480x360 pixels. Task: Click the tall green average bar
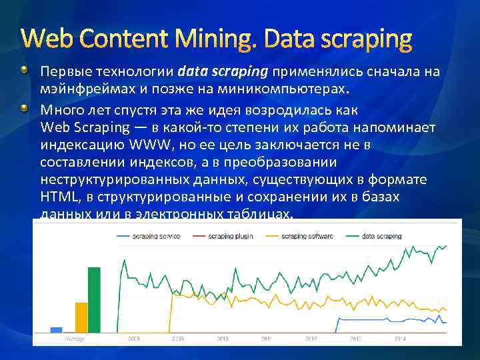click(x=94, y=299)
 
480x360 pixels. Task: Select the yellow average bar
click(x=81, y=317)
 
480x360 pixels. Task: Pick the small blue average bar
click(x=56, y=329)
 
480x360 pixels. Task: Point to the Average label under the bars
click(x=75, y=339)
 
